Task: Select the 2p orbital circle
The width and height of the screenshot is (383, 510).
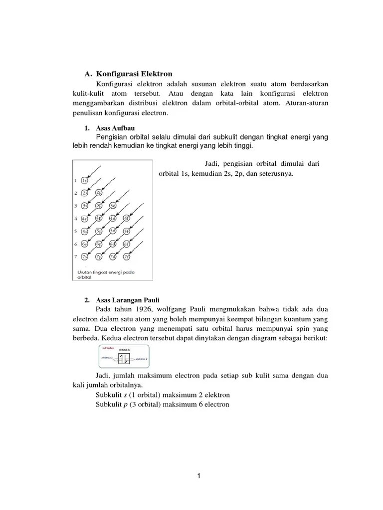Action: click(99, 193)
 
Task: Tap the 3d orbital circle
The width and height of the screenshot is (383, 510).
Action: click(113, 206)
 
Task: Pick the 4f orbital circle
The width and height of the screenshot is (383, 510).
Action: click(127, 218)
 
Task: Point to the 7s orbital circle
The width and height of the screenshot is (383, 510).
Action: click(85, 257)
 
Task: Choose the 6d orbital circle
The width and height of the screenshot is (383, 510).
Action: click(113, 244)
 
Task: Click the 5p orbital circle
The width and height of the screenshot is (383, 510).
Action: click(99, 231)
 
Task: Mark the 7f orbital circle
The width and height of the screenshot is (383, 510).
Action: click(127, 257)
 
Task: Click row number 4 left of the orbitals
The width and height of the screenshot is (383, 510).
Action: click(76, 219)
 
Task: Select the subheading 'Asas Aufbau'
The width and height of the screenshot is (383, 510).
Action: click(113, 128)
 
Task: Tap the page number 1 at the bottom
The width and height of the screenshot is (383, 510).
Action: click(198, 476)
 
